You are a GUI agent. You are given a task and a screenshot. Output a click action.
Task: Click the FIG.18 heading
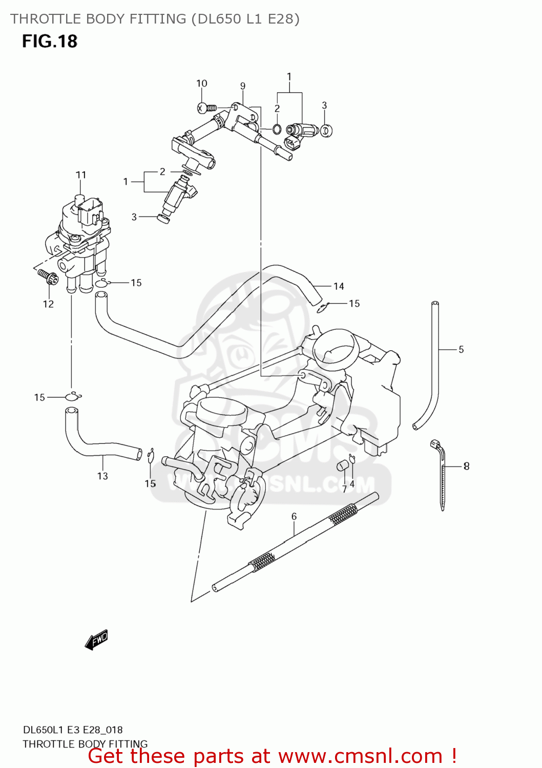tap(49, 41)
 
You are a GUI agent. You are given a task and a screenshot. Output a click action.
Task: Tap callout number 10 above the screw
tap(201, 83)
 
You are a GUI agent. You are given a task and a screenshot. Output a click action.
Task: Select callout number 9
tap(243, 86)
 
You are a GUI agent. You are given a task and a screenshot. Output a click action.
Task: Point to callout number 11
tap(81, 175)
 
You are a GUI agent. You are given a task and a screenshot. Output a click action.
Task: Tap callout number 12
tap(48, 304)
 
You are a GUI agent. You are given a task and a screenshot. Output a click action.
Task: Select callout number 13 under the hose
tap(102, 476)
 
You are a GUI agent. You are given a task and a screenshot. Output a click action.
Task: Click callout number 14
tap(339, 286)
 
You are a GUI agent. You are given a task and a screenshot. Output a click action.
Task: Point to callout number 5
tap(461, 350)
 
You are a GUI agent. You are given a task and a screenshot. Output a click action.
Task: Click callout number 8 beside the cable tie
tap(466, 466)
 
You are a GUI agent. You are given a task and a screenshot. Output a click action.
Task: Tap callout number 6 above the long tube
tap(294, 517)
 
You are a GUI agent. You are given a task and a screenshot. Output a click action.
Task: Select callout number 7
tap(344, 489)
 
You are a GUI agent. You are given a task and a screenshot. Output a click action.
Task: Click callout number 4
tap(352, 484)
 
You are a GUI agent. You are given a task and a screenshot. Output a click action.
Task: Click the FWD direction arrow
tap(96, 640)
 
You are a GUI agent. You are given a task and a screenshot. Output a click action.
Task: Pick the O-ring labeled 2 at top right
tap(277, 129)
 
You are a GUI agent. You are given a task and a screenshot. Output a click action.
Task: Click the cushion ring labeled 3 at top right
tap(326, 130)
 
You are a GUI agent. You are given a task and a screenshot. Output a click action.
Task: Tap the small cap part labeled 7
tap(342, 465)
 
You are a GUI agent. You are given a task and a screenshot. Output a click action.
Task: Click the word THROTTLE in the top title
tap(46, 19)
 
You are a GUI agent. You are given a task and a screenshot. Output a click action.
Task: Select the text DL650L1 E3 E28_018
tap(72, 730)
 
